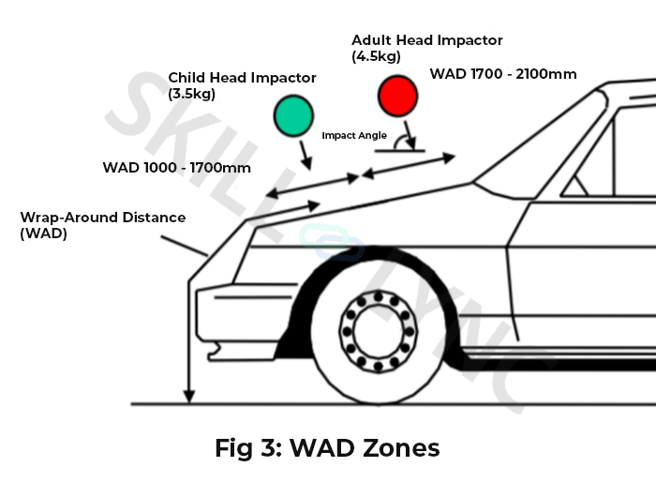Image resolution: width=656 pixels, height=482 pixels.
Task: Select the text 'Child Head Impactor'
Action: [242, 78]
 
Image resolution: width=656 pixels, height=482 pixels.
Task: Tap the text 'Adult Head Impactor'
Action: [427, 40]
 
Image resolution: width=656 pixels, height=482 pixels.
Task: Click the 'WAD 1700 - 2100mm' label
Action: [502, 73]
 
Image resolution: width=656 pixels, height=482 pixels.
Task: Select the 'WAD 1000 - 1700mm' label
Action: [176, 168]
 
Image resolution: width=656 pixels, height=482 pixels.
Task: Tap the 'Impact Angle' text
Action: [354, 135]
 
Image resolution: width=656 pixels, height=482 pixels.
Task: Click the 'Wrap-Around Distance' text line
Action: [103, 218]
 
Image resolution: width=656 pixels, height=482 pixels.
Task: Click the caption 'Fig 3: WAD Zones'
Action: [327, 448]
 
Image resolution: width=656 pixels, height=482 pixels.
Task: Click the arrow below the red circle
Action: [406, 130]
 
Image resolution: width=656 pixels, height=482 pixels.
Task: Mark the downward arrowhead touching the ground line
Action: [189, 397]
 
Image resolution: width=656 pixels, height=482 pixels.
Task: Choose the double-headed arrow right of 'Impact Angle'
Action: [409, 163]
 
